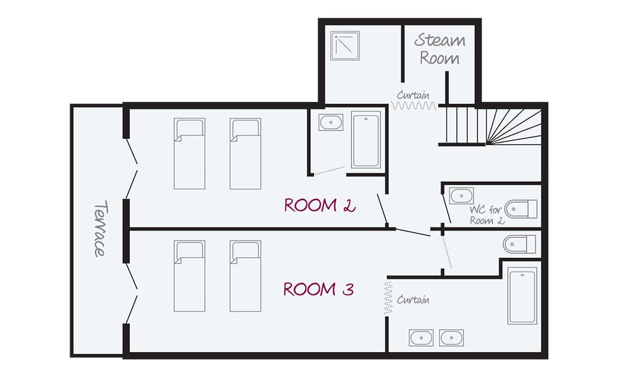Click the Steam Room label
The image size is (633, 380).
pos(440,49)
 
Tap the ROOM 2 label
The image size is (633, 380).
pos(320,205)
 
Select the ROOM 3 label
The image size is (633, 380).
pos(318,289)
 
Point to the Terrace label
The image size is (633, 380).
pos(99,229)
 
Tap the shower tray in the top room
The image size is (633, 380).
pos(345,46)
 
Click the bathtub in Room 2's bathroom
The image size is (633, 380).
pos(366,140)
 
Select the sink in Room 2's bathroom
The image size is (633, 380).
pos(330,122)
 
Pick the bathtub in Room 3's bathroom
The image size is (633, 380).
pos(522,296)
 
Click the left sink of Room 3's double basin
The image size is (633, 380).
pos(420,338)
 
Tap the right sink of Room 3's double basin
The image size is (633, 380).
pos(451,338)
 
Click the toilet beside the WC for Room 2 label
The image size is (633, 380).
pos(523,208)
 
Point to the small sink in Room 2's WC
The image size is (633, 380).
pos(461,196)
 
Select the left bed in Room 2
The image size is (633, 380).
pos(189,154)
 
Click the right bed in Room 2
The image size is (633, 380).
pos(246,154)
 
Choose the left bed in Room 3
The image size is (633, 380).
pos(189,276)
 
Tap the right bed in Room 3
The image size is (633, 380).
pos(246,276)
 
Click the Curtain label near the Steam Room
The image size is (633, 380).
pos(413,96)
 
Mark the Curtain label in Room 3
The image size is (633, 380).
pos(414,300)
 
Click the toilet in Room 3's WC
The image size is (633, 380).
pos(520,244)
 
